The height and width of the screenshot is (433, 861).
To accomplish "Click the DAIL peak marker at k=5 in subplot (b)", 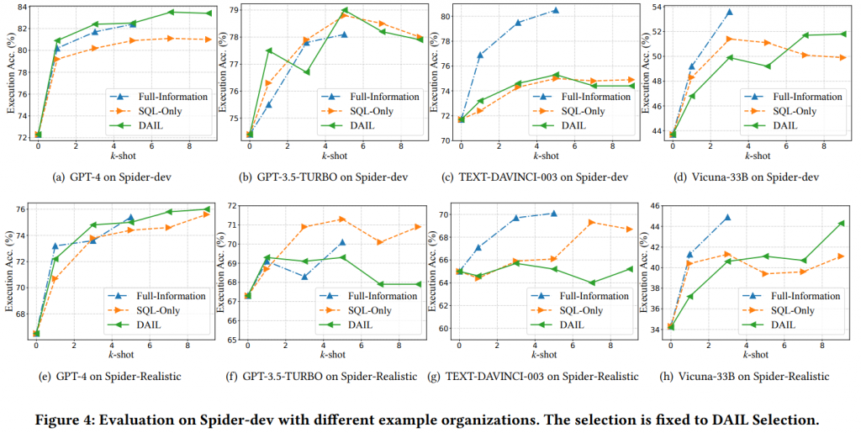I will coord(345,10).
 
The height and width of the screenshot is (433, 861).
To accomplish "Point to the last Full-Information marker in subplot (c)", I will coord(556,10).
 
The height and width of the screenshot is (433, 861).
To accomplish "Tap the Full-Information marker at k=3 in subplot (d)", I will coord(729,12).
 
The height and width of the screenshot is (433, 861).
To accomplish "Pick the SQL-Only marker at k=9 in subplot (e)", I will coord(207,214).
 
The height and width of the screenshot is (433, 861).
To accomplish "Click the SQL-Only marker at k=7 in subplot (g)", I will coord(592,222).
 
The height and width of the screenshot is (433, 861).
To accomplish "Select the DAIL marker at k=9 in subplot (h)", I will coord(841,223).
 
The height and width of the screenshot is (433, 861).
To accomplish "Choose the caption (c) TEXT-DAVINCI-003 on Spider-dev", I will coord(538,177).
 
